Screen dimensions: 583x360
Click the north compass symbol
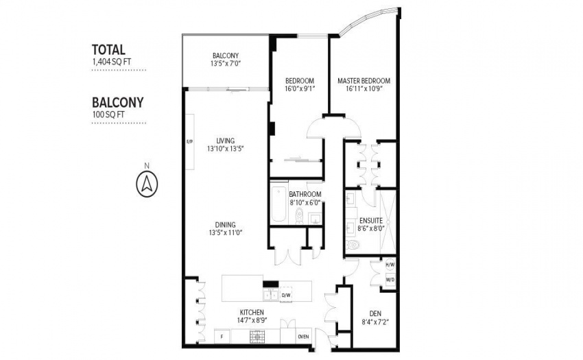147,184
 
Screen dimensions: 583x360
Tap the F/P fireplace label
189,142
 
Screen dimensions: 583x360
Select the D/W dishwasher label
285,296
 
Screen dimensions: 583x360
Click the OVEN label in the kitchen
303,337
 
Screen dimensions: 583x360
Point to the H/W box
390,265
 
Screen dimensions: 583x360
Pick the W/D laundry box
390,279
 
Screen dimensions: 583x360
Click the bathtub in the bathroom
278,204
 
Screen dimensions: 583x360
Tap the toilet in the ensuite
353,245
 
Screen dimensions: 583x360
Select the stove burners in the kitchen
257,337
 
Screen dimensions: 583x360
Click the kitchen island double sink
270,295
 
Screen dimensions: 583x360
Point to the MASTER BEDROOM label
364,81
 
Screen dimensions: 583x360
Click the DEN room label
375,313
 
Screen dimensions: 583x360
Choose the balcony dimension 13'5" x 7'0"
226,64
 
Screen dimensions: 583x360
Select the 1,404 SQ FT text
112,62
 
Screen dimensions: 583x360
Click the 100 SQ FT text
108,115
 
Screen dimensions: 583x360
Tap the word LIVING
226,141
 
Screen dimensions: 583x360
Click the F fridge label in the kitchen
222,337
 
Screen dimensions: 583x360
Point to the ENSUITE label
370,221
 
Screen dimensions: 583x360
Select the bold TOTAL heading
108,49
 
